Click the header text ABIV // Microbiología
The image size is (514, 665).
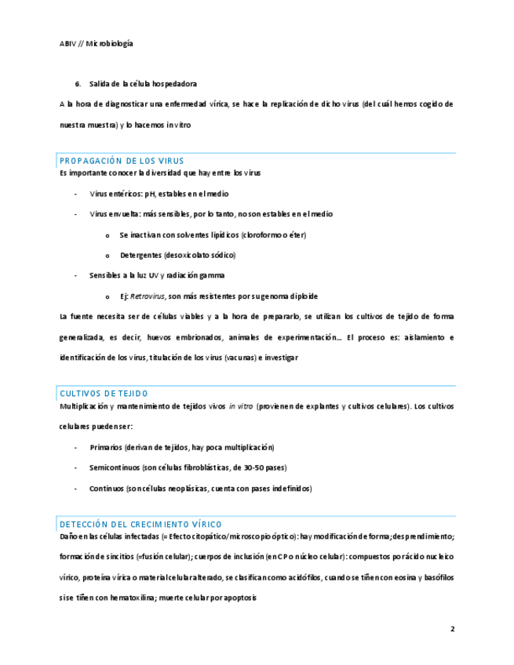(x=96, y=43)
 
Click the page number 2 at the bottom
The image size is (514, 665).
(x=452, y=628)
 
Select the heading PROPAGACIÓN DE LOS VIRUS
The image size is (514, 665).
(x=121, y=161)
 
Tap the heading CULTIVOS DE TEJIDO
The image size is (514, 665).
(x=104, y=394)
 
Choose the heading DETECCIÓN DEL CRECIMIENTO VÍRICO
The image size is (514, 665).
(x=140, y=524)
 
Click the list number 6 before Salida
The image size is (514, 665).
(x=78, y=84)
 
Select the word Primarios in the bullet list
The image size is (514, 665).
(x=106, y=447)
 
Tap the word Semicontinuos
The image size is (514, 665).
(x=115, y=467)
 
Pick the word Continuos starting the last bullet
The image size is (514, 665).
(x=108, y=488)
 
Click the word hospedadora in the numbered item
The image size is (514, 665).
(x=174, y=84)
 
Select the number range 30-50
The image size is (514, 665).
(x=253, y=467)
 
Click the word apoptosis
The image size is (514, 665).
(x=239, y=598)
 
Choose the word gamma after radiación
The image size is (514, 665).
(x=213, y=275)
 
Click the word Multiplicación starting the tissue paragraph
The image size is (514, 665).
(x=85, y=406)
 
